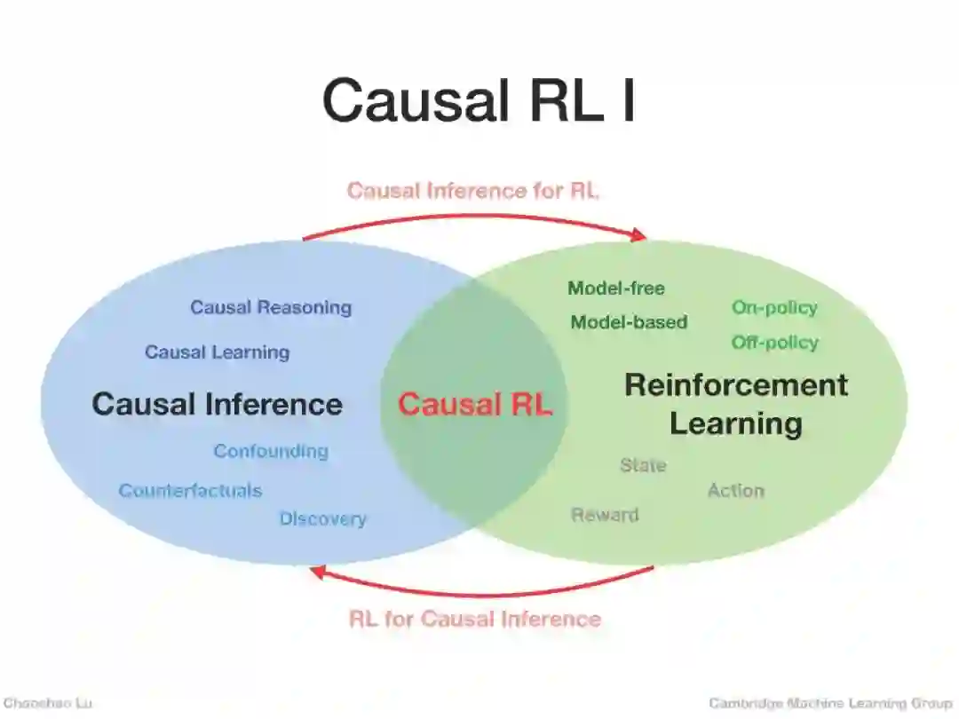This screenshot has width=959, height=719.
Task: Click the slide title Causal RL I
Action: pyautogui.click(x=479, y=100)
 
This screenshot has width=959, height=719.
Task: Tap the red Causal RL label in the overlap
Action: pyautogui.click(x=474, y=405)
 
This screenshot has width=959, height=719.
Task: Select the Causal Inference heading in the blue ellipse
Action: pyautogui.click(x=217, y=405)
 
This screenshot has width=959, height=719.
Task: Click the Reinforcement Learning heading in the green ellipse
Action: pyautogui.click(x=736, y=404)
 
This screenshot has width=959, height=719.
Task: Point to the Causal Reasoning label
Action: pyautogui.click(x=271, y=308)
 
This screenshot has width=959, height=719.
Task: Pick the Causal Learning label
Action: pyautogui.click(x=217, y=352)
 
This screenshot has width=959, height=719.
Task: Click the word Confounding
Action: pyautogui.click(x=270, y=451)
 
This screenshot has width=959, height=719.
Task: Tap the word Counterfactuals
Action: pyautogui.click(x=190, y=491)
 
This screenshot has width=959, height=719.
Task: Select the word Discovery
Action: pyautogui.click(x=322, y=518)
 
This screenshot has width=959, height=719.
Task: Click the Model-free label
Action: pyautogui.click(x=615, y=288)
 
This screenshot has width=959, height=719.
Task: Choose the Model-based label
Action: pyautogui.click(x=629, y=323)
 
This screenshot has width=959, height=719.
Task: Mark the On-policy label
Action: pyautogui.click(x=774, y=308)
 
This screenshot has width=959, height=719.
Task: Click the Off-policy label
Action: pyautogui.click(x=774, y=343)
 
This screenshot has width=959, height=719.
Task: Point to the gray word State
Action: pyautogui.click(x=643, y=465)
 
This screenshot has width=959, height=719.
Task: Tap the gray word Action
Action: pyautogui.click(x=735, y=490)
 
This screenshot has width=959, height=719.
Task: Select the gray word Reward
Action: pyautogui.click(x=604, y=515)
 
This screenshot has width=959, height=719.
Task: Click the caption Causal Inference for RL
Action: pyautogui.click(x=473, y=191)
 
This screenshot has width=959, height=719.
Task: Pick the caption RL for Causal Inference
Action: pyautogui.click(x=475, y=619)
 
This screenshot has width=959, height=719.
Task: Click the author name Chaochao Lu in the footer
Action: pyautogui.click(x=47, y=703)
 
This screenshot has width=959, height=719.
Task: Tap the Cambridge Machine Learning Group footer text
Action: pyautogui.click(x=830, y=703)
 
